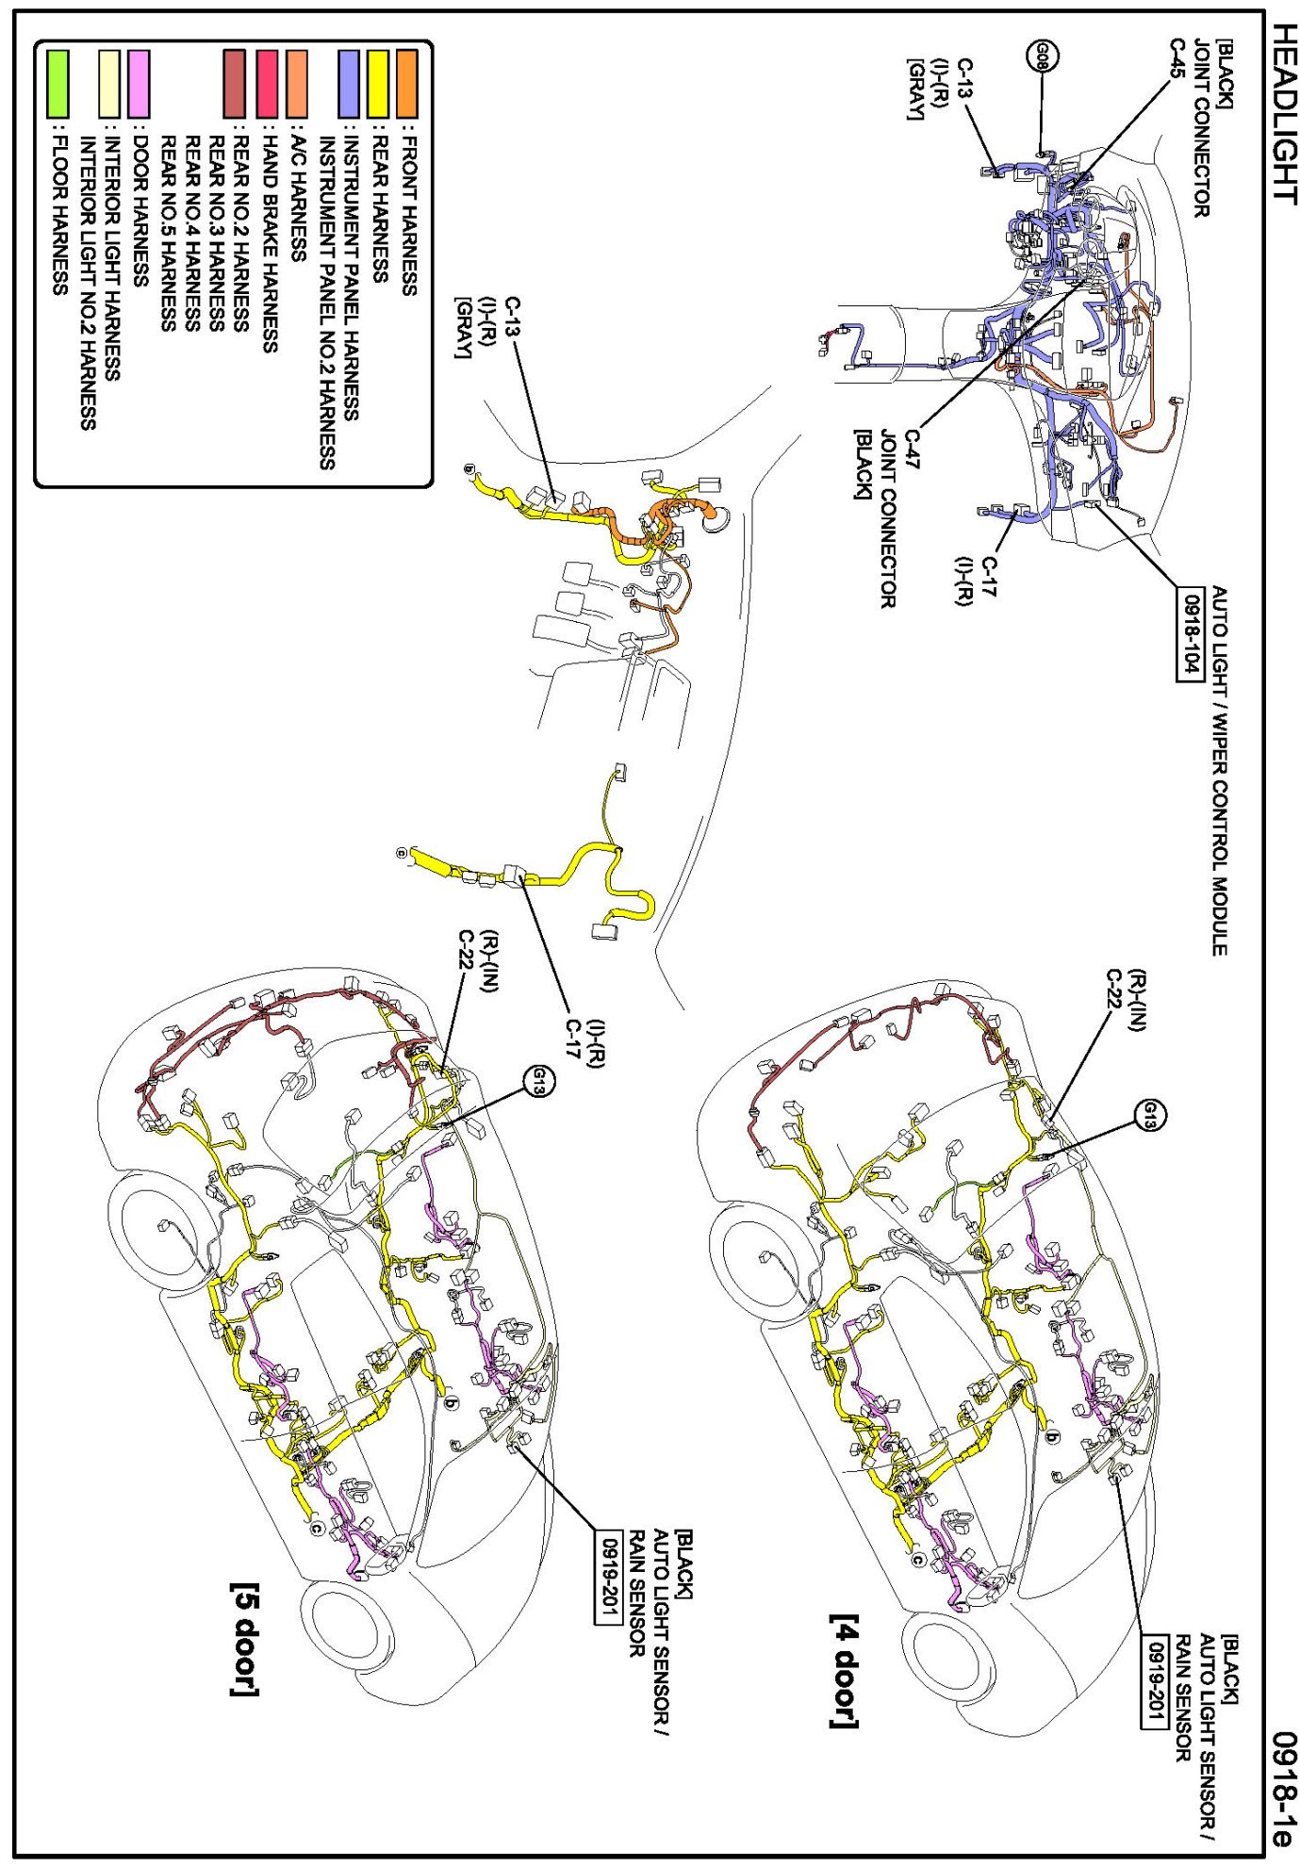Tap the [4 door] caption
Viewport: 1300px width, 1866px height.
point(844,1672)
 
